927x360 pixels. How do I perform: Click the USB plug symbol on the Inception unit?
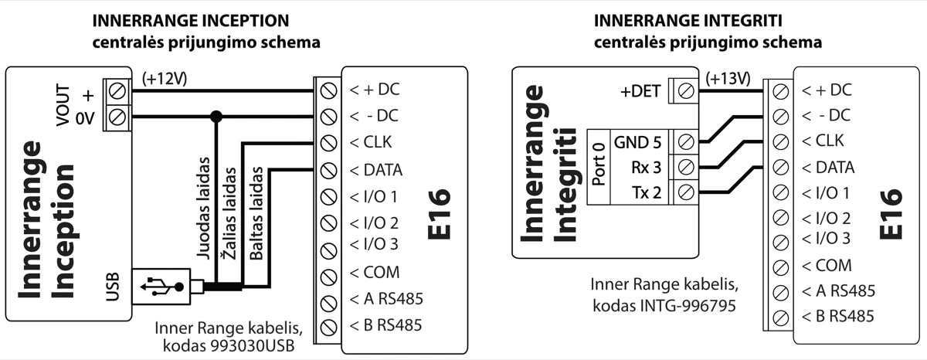[x=161, y=286]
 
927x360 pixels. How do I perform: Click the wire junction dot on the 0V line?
[x=217, y=117]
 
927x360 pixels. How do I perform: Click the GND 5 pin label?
[x=637, y=142]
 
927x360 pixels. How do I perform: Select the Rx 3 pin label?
[x=646, y=166]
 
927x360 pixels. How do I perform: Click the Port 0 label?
[x=598, y=166]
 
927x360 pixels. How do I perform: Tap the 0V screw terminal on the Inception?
[x=118, y=117]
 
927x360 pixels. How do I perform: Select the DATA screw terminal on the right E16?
[x=780, y=167]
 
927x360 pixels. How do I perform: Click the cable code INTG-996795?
[x=664, y=305]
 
